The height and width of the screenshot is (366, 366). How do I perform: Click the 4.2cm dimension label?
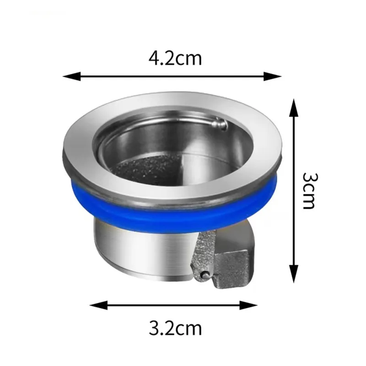point(175,58)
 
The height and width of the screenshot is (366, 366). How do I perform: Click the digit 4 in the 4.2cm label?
point(154,58)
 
